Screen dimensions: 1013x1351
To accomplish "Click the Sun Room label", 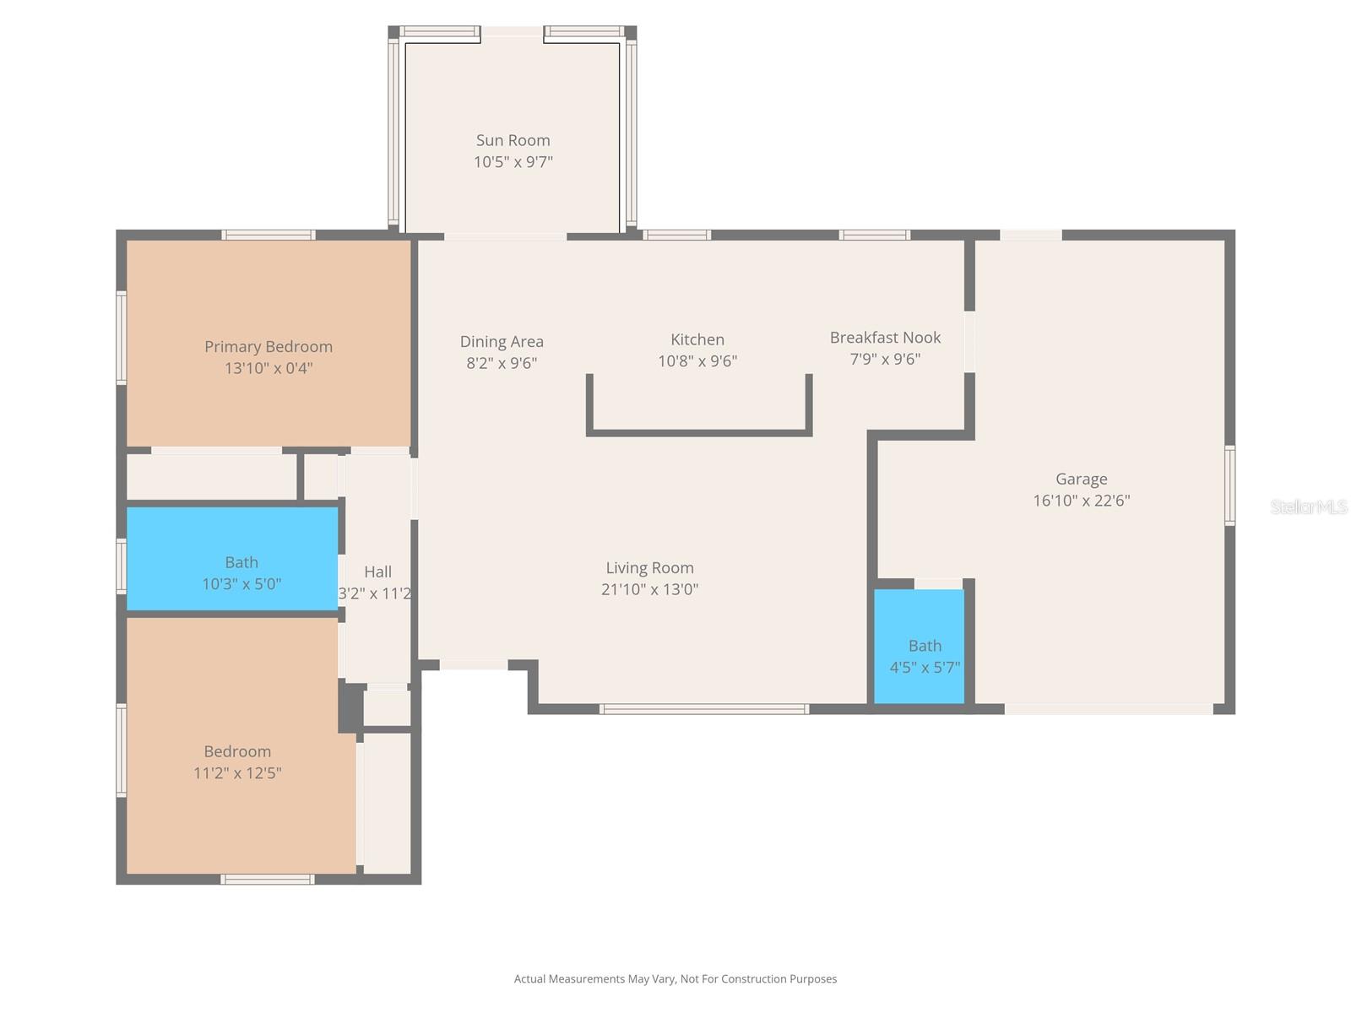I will pos(513,140).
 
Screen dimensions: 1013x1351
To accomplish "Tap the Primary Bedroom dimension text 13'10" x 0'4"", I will pos(269,368).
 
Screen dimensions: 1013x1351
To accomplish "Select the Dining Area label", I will pos(502,341).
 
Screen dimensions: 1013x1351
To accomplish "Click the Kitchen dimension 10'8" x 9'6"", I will pos(697,361).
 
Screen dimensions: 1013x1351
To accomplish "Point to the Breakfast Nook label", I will pos(885,337).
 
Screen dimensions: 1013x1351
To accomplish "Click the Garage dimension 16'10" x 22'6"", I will pos(1081,501).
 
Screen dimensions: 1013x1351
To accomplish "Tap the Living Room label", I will pos(649,567).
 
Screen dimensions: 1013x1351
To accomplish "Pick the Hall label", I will pos(377,572).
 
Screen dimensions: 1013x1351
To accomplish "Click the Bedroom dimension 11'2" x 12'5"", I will pos(237,773).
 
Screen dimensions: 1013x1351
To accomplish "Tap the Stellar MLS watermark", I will pos(1308,506).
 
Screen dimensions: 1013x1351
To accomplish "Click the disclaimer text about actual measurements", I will pos(675,979).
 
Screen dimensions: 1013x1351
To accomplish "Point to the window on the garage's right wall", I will pos(1229,486).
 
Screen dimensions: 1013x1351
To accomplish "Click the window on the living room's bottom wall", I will pos(704,709).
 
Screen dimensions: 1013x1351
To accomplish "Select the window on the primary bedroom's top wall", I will pos(269,235).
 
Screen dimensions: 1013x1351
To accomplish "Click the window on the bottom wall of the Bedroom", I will pos(268,880).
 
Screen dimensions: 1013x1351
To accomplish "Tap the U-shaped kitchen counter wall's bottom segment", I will pos(699,433).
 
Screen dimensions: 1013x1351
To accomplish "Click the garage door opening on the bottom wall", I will pos(1109,709).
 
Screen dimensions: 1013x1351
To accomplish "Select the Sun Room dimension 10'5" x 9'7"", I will pos(513,162).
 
